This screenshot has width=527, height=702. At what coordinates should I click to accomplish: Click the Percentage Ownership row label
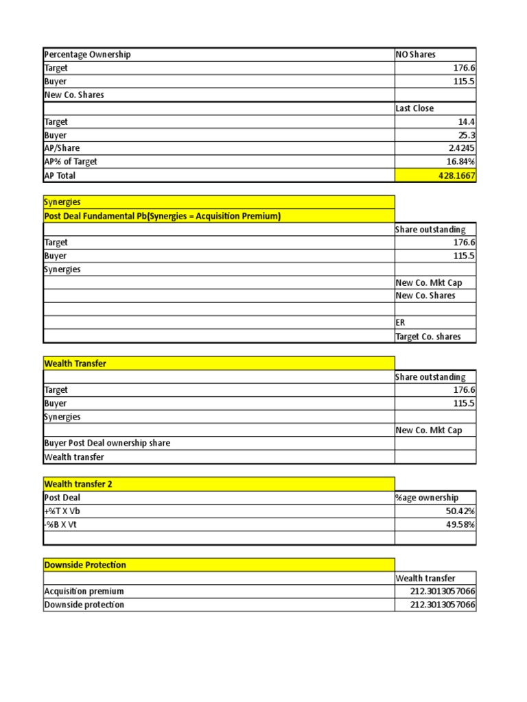87,55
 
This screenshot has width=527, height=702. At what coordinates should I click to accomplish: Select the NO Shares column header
416,55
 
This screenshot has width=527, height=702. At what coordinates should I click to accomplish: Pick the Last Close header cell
415,108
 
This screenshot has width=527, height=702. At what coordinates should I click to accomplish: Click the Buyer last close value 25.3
467,136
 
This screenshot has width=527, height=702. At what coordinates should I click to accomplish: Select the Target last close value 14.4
467,122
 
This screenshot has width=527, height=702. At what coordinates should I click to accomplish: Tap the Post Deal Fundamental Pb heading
163,217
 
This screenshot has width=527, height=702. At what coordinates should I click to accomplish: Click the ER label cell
401,323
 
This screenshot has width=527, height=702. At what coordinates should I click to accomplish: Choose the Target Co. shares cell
428,337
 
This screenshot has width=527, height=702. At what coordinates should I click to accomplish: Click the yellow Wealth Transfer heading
75,364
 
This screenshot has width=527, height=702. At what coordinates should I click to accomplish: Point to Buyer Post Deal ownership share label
107,444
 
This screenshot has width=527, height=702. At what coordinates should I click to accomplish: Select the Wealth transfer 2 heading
78,484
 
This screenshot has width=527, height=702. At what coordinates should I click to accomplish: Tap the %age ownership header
427,498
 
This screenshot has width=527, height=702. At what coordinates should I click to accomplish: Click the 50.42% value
461,511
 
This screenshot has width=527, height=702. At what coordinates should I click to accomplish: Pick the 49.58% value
461,525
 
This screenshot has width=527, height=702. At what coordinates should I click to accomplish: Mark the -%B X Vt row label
64,525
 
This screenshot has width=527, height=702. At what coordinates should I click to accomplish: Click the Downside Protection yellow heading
85,565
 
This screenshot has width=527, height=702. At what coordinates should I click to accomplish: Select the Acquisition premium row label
84,592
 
